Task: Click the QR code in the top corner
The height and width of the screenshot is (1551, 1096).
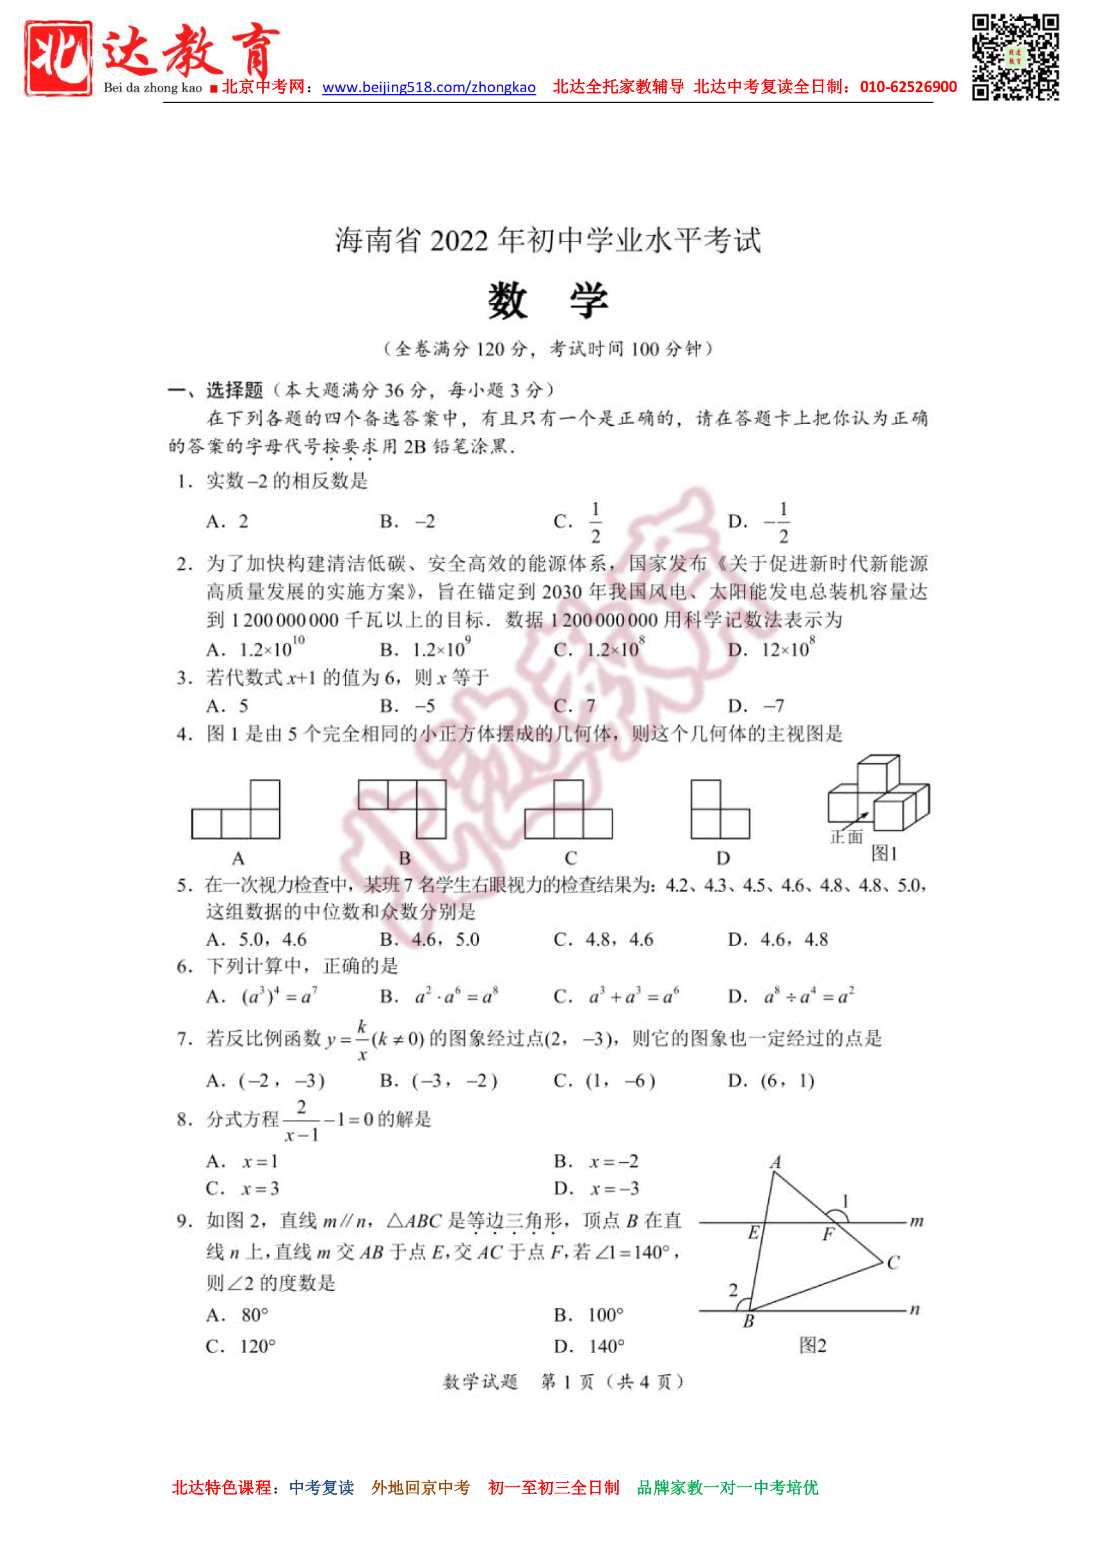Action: (x=1014, y=57)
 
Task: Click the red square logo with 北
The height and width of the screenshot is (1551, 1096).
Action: (x=58, y=58)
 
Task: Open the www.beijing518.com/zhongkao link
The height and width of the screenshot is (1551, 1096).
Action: (x=429, y=87)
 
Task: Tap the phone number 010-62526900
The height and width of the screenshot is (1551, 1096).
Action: (x=908, y=87)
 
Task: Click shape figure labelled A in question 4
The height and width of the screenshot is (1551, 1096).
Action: (x=236, y=809)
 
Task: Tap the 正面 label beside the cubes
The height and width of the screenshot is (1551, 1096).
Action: (x=846, y=837)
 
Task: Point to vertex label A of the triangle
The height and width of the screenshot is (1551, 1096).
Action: (x=775, y=1162)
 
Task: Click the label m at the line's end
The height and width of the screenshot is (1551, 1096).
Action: (x=915, y=1221)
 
